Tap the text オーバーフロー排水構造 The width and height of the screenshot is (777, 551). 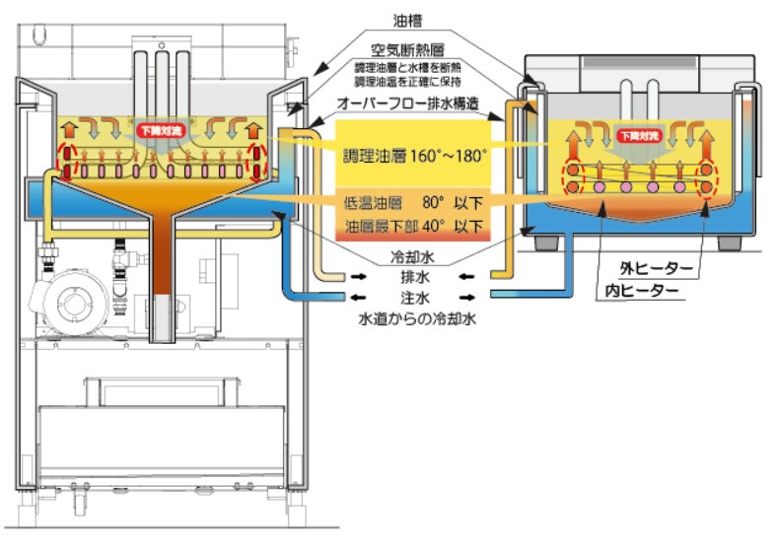click(411, 104)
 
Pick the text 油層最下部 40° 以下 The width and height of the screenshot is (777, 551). click(413, 227)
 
